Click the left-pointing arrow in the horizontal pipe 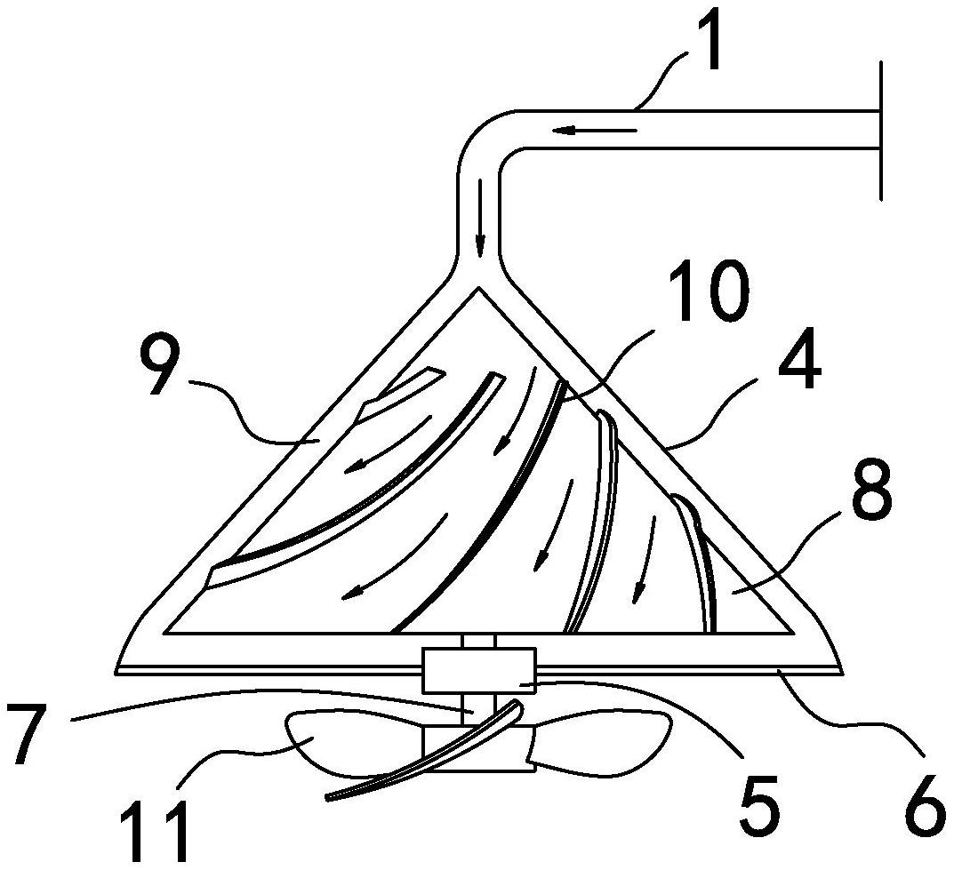click(x=596, y=132)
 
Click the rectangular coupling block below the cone click(x=479, y=671)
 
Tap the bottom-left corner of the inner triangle click(x=166, y=633)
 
